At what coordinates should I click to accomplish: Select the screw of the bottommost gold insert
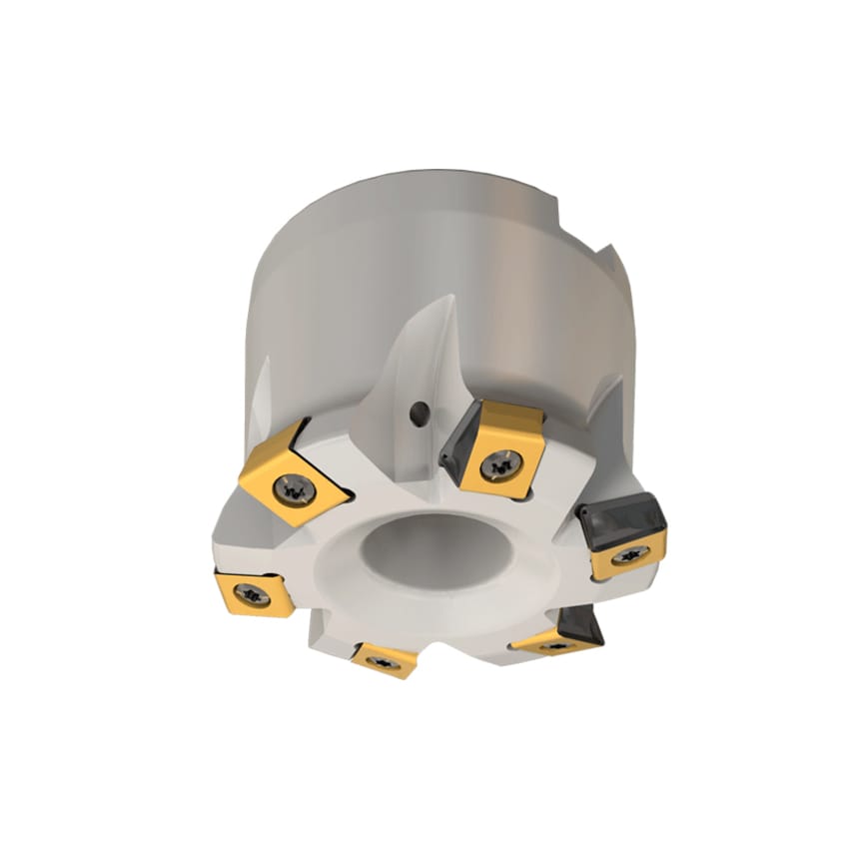385,661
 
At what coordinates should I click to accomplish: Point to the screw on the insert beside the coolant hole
498,462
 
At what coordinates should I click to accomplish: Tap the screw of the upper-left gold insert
298,487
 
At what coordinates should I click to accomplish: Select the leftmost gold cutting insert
254,593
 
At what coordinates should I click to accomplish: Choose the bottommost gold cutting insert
385,659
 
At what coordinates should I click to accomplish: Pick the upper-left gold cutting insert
295,474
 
